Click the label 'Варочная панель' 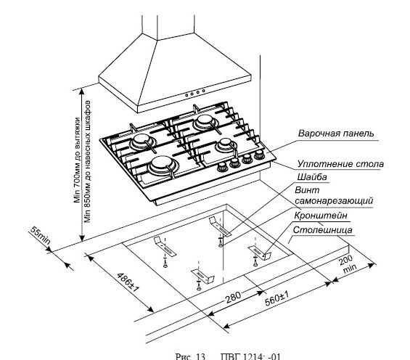336,134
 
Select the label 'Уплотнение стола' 340,164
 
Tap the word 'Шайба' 312,177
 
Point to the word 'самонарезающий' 334,201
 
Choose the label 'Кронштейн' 321,216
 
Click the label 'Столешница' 322,230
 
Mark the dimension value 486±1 128,282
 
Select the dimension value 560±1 277,298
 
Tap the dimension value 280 233,297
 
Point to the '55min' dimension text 40,235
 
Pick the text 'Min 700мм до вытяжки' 77,160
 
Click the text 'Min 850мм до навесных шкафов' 87,161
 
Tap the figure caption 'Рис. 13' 190,356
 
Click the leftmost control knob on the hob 222,167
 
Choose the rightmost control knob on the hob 259,155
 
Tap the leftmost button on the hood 187,95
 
